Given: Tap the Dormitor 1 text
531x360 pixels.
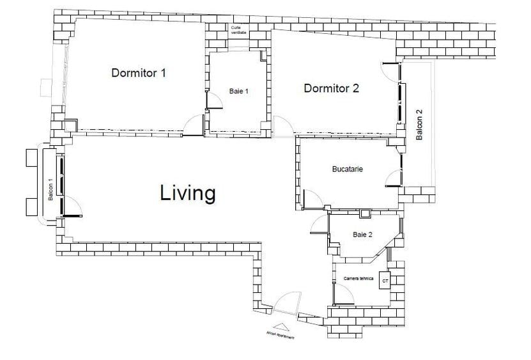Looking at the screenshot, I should coord(139,73).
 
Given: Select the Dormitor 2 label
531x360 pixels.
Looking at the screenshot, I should coord(331,88).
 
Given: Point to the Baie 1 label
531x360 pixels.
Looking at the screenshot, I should coord(238,91).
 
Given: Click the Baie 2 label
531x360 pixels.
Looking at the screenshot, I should coord(362,235).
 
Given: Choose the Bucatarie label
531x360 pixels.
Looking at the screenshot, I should coord(348,169).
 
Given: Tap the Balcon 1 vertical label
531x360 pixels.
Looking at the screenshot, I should coord(50,189).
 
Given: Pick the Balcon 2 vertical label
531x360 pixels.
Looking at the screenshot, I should coord(419,125).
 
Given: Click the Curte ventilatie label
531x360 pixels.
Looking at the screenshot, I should coord(239,30).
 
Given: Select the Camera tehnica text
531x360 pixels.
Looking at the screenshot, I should coord(358,279).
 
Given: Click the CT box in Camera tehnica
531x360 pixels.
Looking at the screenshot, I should coord(385,281).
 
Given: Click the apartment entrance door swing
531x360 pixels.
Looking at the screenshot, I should coord(288,304).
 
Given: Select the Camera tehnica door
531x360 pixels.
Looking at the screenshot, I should coord(345,295).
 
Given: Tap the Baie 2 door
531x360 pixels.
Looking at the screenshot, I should coord(319,224).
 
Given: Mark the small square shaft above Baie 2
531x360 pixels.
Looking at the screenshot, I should coord(365,214).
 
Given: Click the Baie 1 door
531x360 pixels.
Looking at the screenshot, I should coord(213,103).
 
